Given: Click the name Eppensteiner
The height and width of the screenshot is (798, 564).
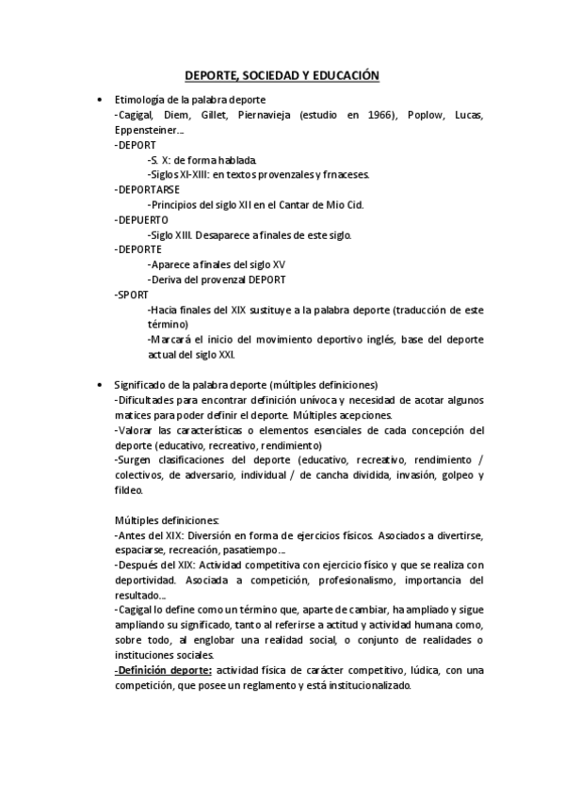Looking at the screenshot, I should click(146, 130).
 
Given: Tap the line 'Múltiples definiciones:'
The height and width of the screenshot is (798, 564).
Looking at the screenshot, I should click(167, 520).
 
